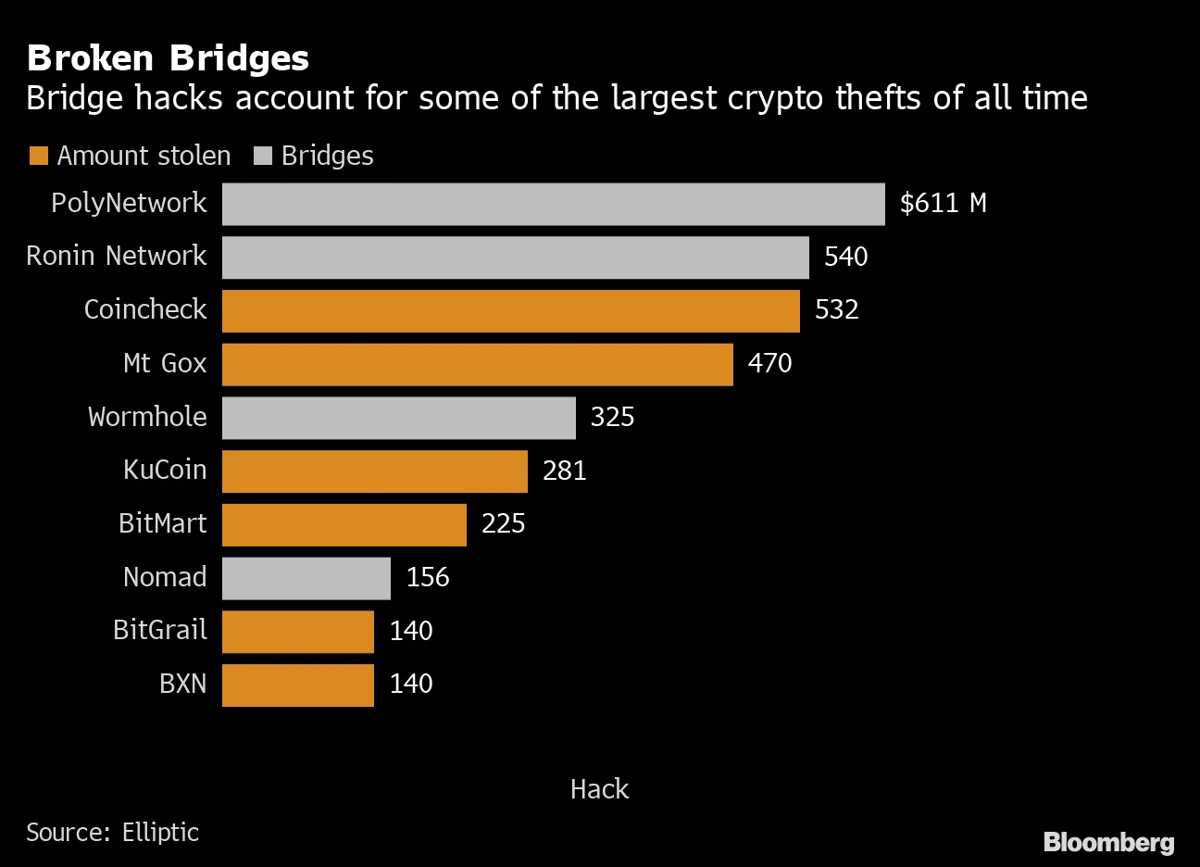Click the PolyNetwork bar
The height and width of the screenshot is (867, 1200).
point(553,204)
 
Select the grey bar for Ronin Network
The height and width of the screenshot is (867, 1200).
point(515,257)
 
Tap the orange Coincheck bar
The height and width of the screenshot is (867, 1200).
point(510,310)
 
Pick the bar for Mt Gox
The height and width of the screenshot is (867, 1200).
point(477,364)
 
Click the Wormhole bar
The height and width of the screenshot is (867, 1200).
point(398,418)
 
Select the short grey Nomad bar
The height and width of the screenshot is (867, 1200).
point(306,578)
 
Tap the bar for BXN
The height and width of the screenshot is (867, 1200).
point(297,685)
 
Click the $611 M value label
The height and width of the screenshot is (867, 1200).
point(943,203)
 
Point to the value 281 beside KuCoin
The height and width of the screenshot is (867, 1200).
point(564,471)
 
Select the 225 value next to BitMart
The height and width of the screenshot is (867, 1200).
point(503,524)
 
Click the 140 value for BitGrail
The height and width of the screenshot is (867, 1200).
point(410,631)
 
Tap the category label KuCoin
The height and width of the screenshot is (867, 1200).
point(165,470)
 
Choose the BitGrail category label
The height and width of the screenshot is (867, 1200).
point(159,630)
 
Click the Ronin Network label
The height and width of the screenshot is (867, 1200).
point(116,256)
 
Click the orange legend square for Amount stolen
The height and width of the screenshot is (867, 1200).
point(38,156)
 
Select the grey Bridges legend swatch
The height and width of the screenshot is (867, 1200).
point(263,156)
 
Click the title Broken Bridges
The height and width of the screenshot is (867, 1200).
point(168,57)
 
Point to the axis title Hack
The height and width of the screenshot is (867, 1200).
point(599,789)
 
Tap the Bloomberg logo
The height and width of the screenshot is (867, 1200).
point(1108,842)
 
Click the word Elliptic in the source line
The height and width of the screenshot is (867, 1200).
point(160,832)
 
